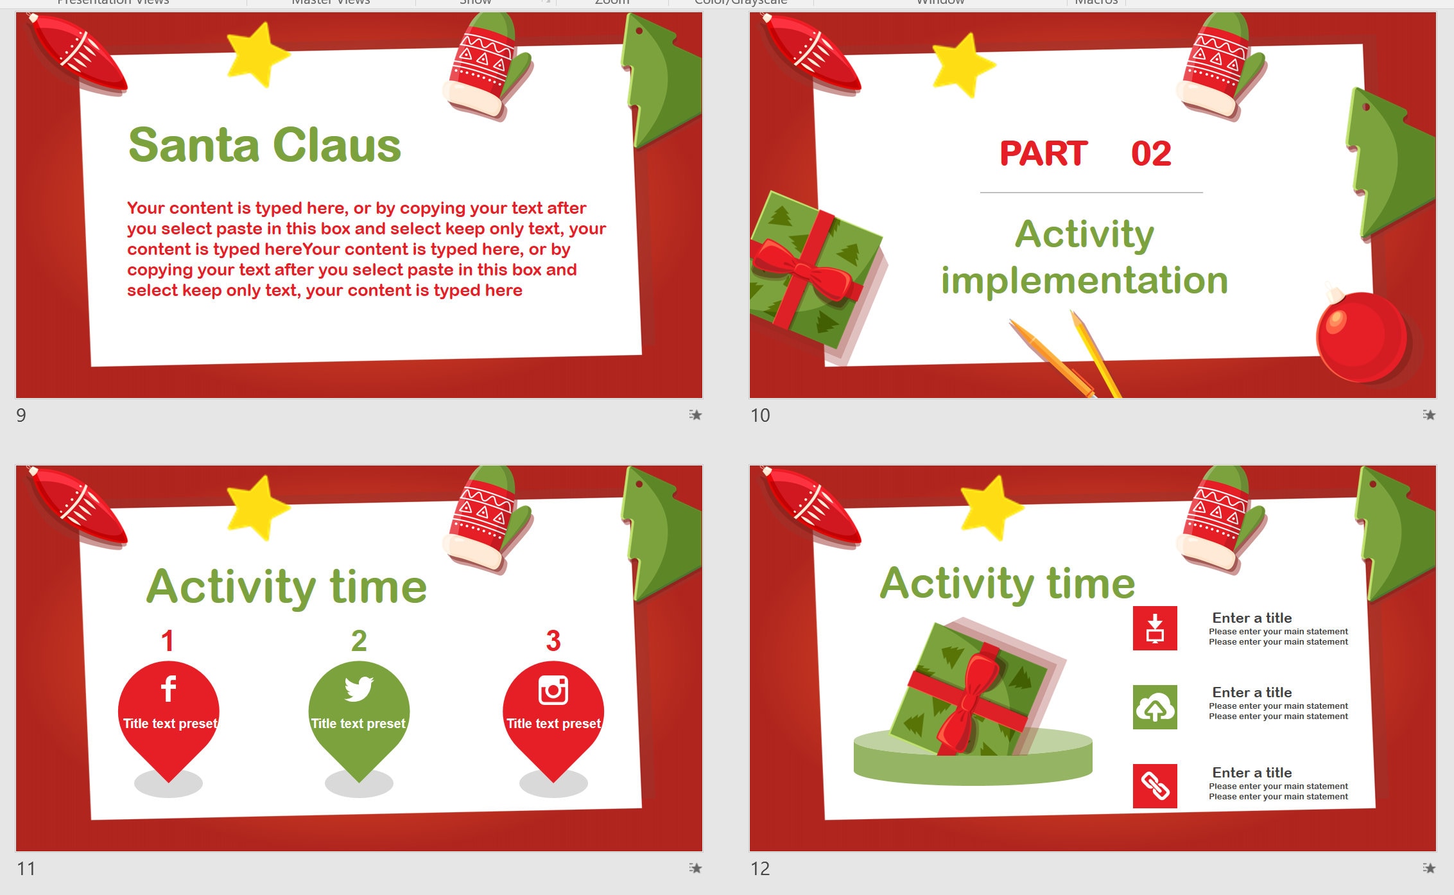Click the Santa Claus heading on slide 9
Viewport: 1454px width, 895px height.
tap(264, 145)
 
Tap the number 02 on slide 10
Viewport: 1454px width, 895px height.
tap(1151, 154)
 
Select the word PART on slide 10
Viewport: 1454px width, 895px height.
tap(1043, 154)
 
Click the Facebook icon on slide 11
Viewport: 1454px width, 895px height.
tap(168, 689)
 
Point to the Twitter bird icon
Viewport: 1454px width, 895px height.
tap(358, 689)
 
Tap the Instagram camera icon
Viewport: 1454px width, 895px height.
tap(553, 690)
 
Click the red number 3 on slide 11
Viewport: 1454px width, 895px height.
tap(553, 641)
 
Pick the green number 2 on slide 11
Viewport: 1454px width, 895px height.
tap(359, 641)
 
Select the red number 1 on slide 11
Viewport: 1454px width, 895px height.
tap(168, 641)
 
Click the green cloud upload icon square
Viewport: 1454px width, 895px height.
tap(1155, 707)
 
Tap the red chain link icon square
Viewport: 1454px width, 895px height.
tap(1155, 786)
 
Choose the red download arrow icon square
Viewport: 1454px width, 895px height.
tap(1155, 628)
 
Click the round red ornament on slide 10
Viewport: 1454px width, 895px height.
tap(1360, 337)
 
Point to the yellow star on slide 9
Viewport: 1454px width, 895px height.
tap(257, 54)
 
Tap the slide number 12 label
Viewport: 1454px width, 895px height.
tap(760, 869)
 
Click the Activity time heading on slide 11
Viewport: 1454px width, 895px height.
tap(286, 587)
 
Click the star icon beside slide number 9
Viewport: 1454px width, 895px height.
tap(695, 415)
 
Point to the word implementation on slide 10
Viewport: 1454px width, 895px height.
tap(1084, 281)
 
